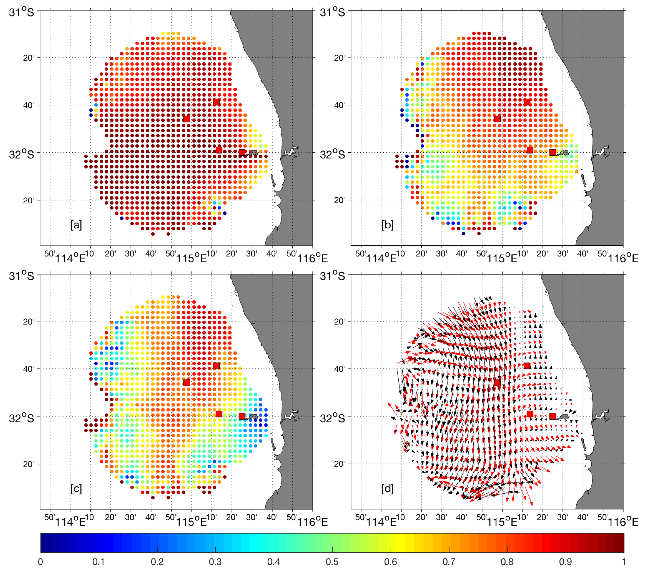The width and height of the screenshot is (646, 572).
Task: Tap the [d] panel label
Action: click(387, 489)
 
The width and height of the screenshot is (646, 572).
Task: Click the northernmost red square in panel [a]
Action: click(216, 102)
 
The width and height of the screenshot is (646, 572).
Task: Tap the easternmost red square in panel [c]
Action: click(242, 416)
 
